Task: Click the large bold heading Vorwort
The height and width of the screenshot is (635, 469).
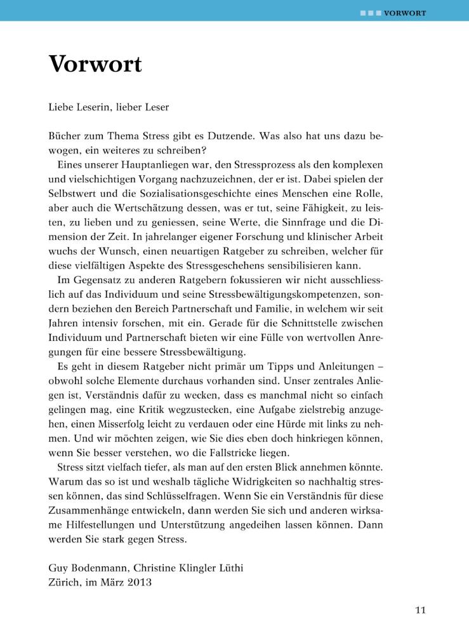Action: pyautogui.click(x=95, y=64)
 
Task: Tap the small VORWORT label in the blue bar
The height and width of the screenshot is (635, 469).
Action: pyautogui.click(x=405, y=13)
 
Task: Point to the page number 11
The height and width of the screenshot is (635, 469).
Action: pyautogui.click(x=420, y=611)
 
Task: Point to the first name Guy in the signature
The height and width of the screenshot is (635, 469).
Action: pyautogui.click(x=58, y=569)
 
